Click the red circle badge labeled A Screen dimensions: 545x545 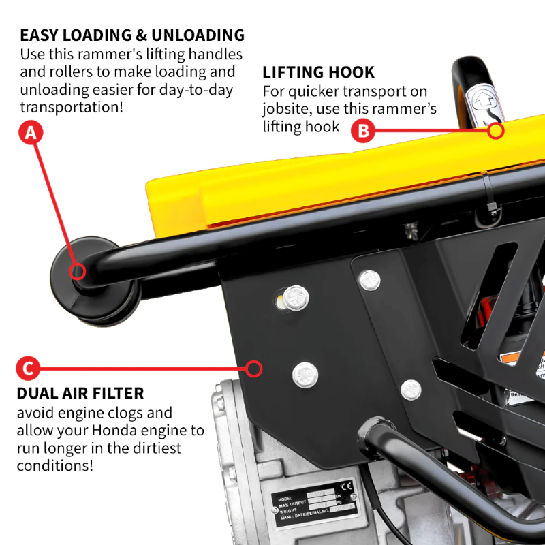click(x=30, y=134)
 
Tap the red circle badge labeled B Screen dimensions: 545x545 click(x=364, y=130)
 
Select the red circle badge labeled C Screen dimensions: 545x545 click(x=28, y=369)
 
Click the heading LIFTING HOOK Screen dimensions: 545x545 click(x=318, y=73)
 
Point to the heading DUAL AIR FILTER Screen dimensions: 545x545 click(x=80, y=393)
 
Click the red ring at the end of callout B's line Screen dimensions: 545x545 click(x=496, y=131)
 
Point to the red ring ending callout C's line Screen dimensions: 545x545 click(x=254, y=369)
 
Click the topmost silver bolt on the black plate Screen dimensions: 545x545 click(x=369, y=278)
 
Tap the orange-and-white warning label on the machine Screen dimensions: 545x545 click(x=515, y=358)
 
